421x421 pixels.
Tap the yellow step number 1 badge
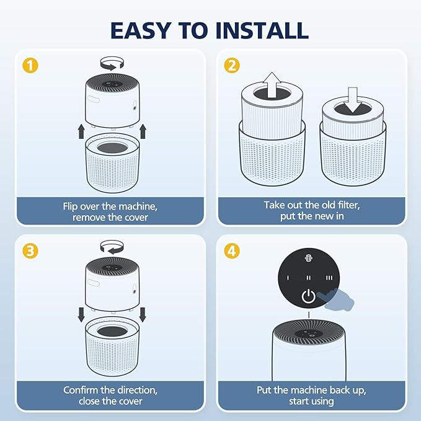tap(29, 64)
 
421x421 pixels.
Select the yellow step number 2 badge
tap(232, 64)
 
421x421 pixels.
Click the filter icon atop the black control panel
tap(308, 258)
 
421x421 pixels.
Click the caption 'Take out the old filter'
tap(312, 205)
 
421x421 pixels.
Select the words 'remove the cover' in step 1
tap(110, 218)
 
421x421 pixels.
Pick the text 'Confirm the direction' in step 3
tap(110, 390)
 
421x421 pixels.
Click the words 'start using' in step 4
tap(312, 402)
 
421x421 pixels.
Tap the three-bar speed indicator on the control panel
tap(329, 278)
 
